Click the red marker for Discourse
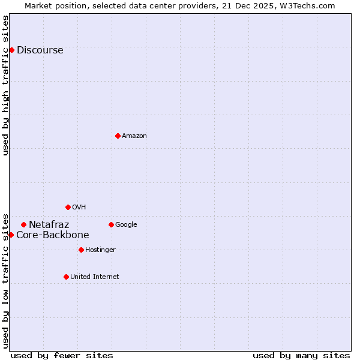[11, 50]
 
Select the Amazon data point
[118, 136]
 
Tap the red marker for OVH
[68, 207]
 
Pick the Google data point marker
[111, 224]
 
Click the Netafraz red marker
[23, 224]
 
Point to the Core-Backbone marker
[11, 235]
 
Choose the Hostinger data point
[81, 250]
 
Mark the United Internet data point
[66, 277]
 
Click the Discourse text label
[40, 50]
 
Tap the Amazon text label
[134, 136]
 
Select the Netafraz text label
[49, 225]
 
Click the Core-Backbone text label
[52, 235]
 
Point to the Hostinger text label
[100, 250]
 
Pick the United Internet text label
[94, 277]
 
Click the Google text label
[126, 225]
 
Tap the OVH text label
[79, 208]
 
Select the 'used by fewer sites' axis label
[62, 355]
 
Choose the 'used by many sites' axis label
[301, 355]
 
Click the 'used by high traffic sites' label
[6, 85]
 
